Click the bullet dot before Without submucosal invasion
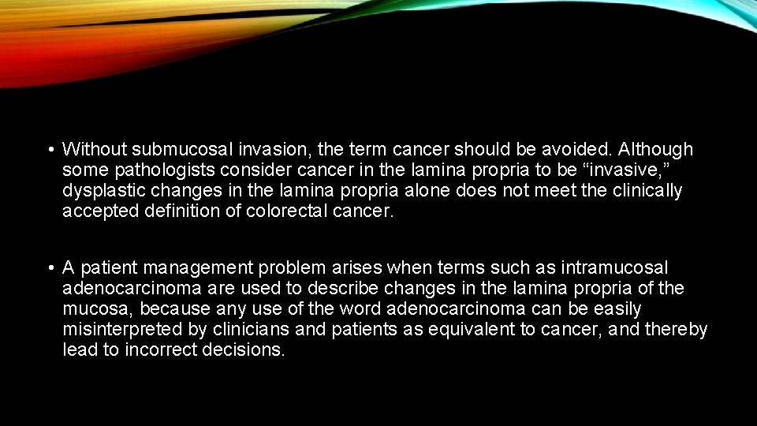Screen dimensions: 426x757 [50, 150]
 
